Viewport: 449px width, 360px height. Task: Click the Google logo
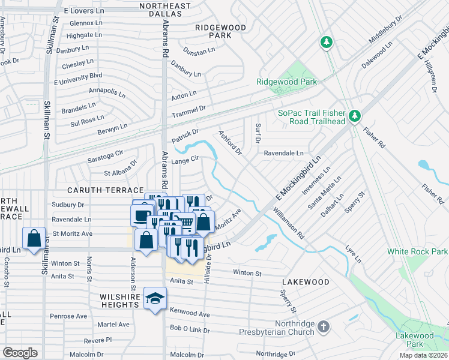(x=20, y=353)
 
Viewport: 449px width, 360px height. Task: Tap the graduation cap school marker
(x=155, y=298)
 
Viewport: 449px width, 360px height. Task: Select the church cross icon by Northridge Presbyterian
(x=324, y=327)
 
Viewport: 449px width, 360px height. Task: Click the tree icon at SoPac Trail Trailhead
(x=355, y=115)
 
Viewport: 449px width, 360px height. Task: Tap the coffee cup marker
(x=142, y=214)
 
